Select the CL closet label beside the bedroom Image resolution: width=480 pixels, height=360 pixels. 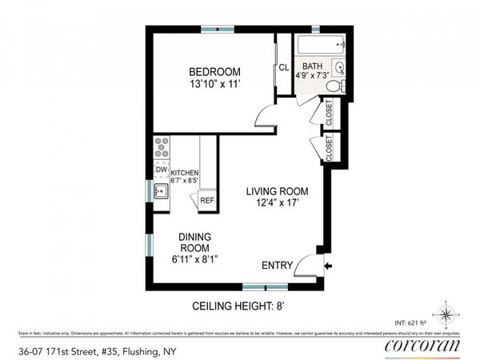tap(283, 67)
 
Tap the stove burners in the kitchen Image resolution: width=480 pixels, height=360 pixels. tap(161, 148)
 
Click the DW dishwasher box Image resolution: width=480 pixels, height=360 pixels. tap(161, 170)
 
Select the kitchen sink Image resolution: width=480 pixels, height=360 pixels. tap(160, 191)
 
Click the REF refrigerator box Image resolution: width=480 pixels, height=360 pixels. tap(207, 200)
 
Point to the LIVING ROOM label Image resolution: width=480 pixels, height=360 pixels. tap(277, 192)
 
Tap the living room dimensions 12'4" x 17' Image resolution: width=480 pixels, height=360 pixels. tap(277, 205)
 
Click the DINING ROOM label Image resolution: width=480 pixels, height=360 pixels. tap(195, 242)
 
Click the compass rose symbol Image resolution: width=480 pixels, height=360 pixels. tap(447, 309)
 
